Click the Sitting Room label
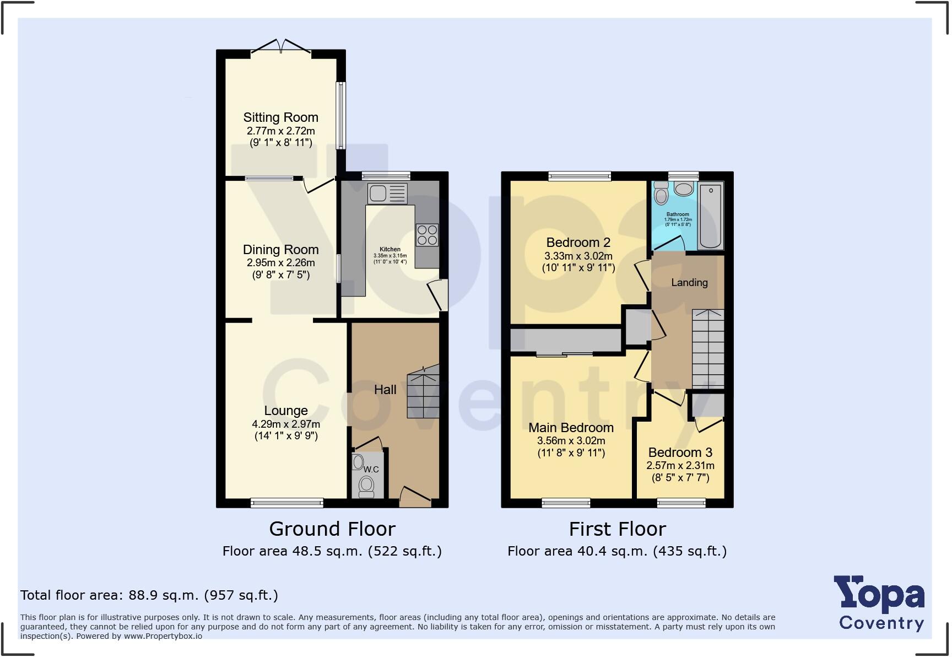(x=280, y=117)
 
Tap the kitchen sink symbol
(x=387, y=193)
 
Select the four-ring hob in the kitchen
(x=427, y=235)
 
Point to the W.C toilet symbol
(x=366, y=486)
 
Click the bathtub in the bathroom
(x=710, y=216)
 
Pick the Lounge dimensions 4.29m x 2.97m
(x=285, y=424)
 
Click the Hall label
(x=385, y=390)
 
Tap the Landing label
(x=689, y=282)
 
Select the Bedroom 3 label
(x=680, y=453)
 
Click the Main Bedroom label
(x=571, y=428)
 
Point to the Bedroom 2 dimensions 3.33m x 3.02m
(x=578, y=256)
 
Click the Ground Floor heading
(x=332, y=529)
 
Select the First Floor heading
(x=617, y=529)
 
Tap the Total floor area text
(x=149, y=595)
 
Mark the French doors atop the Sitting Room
(x=281, y=48)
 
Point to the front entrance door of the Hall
(x=415, y=498)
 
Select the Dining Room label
(x=280, y=250)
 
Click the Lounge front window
(x=286, y=502)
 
